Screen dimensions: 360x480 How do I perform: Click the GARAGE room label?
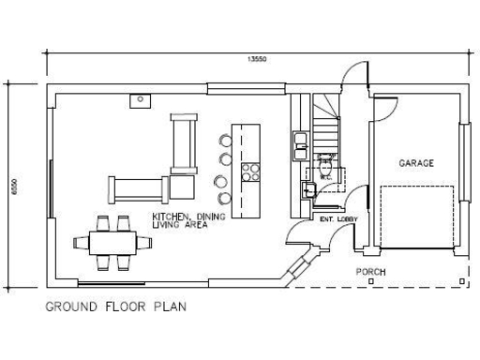[416, 163]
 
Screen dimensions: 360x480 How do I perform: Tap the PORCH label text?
[370, 272]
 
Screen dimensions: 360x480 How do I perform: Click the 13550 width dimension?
[257, 58]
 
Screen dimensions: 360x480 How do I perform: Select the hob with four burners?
[250, 172]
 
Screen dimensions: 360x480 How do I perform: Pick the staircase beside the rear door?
[324, 122]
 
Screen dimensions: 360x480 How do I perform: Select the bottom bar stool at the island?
[223, 198]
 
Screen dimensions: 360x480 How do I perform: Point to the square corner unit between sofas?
[182, 187]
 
